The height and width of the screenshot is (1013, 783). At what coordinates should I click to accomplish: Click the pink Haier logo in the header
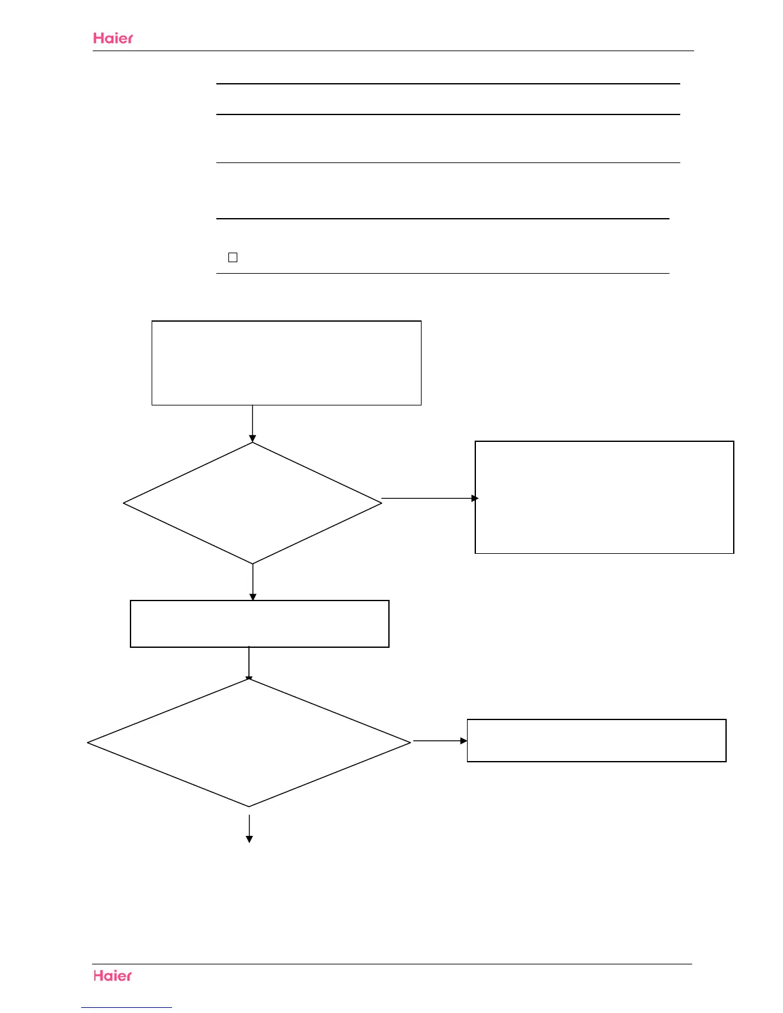[113, 38]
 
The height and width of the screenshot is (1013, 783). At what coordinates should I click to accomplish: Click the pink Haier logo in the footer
[113, 975]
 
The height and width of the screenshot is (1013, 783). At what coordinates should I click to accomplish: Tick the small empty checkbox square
[233, 257]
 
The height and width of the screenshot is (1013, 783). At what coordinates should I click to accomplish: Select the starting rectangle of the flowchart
[286, 363]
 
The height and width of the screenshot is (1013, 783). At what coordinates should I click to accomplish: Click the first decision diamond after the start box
[253, 503]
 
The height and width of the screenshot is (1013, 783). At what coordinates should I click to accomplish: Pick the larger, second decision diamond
[249, 742]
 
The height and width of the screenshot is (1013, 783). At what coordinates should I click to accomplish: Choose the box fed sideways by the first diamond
[604, 497]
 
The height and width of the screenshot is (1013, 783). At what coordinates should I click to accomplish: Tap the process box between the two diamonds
[259, 624]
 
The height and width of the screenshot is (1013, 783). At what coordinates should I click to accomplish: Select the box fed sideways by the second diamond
[596, 740]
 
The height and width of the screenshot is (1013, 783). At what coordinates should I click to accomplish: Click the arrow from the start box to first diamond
[253, 423]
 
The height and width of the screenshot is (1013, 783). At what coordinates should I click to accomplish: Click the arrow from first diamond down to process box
[253, 582]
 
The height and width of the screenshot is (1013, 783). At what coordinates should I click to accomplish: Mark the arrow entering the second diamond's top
[249, 663]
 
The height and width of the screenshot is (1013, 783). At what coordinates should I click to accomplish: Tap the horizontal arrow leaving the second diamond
[439, 741]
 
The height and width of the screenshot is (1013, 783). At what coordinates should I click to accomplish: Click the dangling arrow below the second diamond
[249, 828]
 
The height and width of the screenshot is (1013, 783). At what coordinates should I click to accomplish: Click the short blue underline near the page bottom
[127, 1007]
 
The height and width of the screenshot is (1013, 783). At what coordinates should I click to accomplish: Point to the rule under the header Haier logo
[393, 51]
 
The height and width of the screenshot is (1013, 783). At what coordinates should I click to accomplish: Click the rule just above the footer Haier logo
[391, 964]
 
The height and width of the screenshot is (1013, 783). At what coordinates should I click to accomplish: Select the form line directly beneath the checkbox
[442, 273]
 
